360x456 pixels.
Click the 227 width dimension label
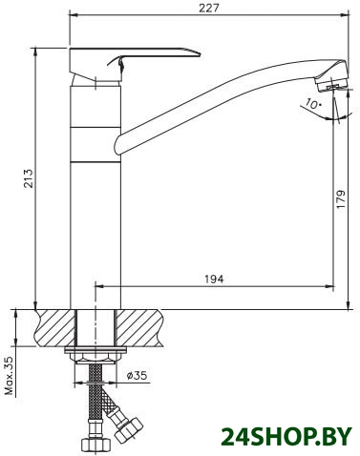209,8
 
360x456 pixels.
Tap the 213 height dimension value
29,178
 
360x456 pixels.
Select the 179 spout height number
341,199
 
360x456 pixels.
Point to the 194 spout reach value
214,279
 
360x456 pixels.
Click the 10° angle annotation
314,103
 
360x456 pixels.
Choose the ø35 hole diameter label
137,375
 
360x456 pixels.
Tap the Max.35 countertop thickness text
11,376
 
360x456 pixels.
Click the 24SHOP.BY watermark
286,436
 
